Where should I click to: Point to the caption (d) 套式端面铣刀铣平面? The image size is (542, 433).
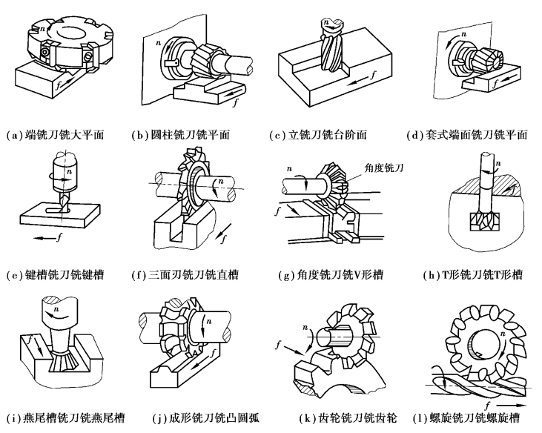(x=466, y=135)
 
